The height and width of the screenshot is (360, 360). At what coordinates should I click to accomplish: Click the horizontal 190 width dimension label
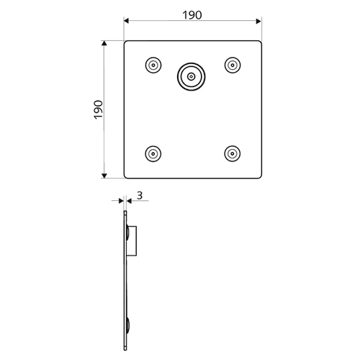pos(192,15)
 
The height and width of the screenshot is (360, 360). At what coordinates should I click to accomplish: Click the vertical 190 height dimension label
pos(99,109)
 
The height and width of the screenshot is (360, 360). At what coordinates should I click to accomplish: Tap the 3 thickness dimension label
pos(140,196)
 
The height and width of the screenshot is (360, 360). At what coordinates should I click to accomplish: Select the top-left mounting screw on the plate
pos(153,65)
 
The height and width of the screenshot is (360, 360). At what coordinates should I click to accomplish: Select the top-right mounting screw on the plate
pos(233,65)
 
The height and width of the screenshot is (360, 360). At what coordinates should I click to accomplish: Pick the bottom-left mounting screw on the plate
pos(153,153)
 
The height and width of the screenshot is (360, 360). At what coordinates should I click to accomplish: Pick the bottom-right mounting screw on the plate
pos(233,153)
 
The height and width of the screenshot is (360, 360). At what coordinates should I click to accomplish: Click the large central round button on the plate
pos(192,77)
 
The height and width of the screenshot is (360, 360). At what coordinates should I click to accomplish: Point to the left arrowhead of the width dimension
pos(127,21)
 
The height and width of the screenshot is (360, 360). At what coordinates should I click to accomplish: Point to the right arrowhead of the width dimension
pos(258,21)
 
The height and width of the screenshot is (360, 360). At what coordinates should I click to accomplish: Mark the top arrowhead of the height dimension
pos(104,43)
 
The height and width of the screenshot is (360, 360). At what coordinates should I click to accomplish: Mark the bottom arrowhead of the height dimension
pos(104,176)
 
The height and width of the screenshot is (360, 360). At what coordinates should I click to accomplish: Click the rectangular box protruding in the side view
pos(132,241)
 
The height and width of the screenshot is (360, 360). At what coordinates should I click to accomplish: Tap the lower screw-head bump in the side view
pos(128,325)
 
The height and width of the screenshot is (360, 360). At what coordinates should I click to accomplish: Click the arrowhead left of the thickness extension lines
pos(121,201)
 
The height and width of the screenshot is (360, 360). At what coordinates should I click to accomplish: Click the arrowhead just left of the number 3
pos(129,201)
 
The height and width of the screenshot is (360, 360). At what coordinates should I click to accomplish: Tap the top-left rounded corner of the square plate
pos(125,42)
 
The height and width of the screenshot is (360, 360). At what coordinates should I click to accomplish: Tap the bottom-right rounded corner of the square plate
pos(260,177)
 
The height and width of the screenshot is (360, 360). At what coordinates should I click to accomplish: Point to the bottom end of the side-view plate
pos(125,350)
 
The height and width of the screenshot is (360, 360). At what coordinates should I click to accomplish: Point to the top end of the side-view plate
pos(125,212)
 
